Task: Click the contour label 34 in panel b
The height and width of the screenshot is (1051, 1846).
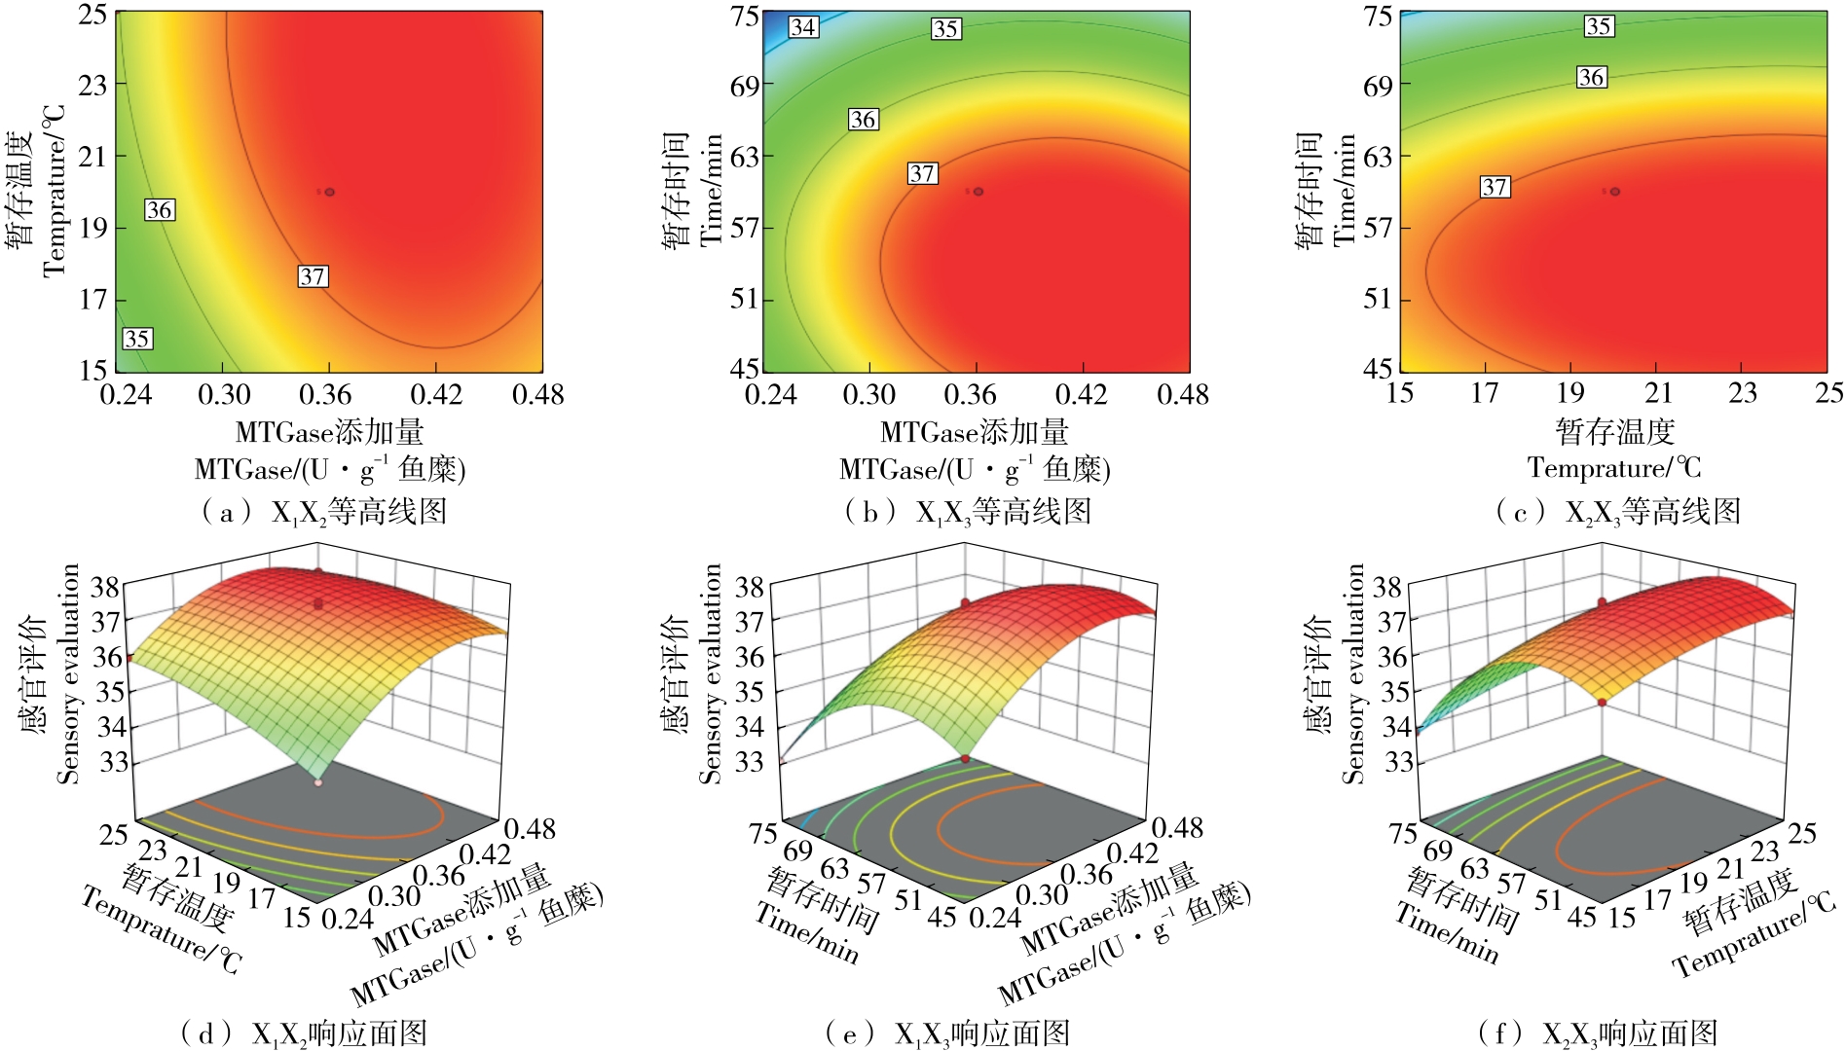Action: [803, 27]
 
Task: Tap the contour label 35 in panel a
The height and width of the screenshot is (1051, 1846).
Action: [137, 339]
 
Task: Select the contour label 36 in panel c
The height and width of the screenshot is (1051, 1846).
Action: [1592, 77]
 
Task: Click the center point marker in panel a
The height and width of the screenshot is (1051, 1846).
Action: [329, 192]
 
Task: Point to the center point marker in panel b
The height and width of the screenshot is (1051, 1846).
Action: [978, 192]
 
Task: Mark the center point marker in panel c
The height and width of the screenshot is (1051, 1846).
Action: [1615, 192]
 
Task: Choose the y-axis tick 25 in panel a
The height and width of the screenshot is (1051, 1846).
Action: [93, 15]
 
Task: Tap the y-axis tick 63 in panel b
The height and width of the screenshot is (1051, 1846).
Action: [744, 157]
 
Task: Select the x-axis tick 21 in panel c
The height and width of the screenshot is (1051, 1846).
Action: [1658, 393]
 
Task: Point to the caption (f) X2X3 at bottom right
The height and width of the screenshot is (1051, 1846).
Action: [1597, 1033]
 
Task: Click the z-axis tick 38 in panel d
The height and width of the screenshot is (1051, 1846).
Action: [106, 587]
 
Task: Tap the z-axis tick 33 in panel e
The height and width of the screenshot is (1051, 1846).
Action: [749, 761]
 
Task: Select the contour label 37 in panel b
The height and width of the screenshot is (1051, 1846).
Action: [922, 173]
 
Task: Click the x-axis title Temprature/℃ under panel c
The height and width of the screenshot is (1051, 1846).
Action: [1614, 468]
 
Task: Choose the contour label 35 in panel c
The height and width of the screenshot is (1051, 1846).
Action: [1599, 26]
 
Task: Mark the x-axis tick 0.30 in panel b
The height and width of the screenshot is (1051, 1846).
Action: [868, 395]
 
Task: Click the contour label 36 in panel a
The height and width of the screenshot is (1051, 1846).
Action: [160, 209]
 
